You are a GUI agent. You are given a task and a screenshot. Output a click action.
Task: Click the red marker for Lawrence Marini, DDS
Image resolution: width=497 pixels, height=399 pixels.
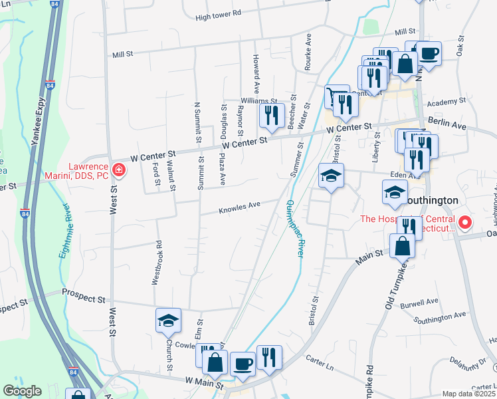pos(118,170)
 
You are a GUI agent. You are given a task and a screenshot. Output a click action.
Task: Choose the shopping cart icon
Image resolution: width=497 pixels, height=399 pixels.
pos(337,97)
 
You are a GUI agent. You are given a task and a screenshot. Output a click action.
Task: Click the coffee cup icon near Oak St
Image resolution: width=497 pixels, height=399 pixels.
pos(429,53)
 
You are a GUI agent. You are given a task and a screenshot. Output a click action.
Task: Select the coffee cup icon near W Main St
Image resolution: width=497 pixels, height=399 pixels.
pos(243,364)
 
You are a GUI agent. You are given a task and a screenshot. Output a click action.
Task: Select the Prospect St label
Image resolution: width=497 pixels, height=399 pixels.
pos(84,292)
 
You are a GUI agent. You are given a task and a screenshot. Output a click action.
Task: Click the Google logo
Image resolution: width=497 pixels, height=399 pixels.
pos(22,391)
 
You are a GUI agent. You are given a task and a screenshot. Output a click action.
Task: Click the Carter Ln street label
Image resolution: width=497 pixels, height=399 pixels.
pos(319,359)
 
